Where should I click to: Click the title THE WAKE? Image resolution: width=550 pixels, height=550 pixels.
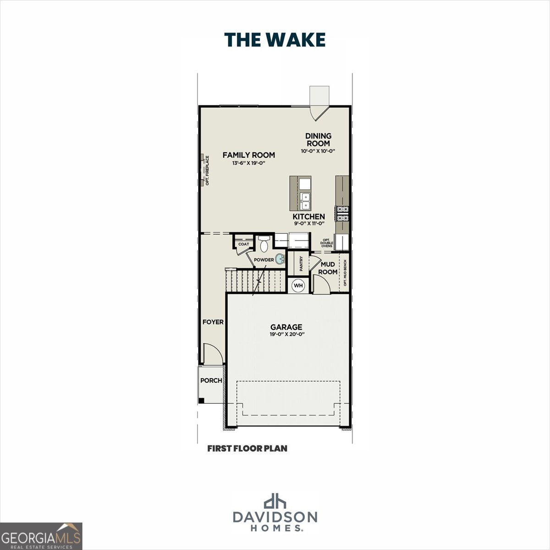(x=275, y=40)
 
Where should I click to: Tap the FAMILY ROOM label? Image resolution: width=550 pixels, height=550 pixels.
(x=248, y=155)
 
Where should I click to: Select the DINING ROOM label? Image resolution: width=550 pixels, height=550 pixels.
(x=318, y=140)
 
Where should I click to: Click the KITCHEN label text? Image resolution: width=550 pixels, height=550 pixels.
(x=308, y=217)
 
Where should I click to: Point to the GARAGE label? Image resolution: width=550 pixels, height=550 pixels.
(x=286, y=327)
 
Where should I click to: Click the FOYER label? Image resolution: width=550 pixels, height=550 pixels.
(x=213, y=322)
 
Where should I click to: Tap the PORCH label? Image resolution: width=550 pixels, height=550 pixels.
(x=211, y=380)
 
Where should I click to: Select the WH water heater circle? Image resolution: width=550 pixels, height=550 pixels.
(x=298, y=286)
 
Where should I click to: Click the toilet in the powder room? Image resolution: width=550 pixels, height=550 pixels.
(x=264, y=244)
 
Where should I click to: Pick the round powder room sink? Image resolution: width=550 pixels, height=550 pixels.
(x=280, y=259)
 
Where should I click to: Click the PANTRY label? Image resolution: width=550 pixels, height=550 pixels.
(x=301, y=264)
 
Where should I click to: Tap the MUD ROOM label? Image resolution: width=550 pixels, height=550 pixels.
(x=328, y=268)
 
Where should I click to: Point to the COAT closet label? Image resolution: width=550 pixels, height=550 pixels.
(x=243, y=244)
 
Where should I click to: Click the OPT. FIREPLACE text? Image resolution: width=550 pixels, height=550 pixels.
(x=207, y=170)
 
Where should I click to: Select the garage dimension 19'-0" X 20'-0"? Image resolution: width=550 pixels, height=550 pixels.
(x=286, y=334)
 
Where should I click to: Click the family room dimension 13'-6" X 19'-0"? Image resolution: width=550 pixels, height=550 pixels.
(x=248, y=163)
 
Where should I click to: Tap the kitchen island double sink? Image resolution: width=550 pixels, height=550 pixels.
(x=305, y=201)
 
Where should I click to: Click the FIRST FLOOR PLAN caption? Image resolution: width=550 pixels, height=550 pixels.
(x=247, y=448)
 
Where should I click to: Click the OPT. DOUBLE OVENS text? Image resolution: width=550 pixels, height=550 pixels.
(x=327, y=243)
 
